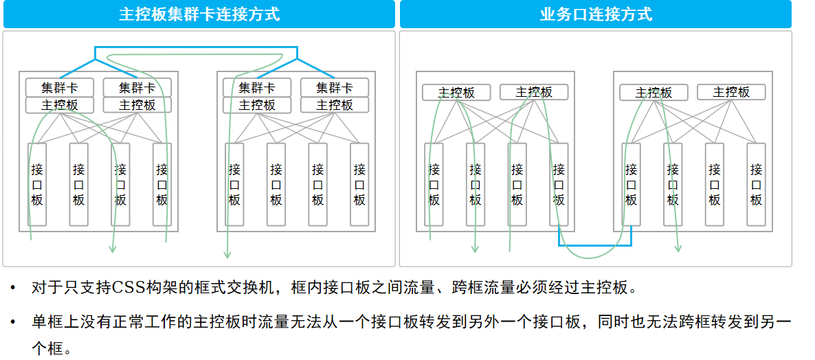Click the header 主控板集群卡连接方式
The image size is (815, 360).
199,14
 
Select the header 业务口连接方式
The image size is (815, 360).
596,14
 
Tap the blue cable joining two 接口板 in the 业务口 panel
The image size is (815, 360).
594,245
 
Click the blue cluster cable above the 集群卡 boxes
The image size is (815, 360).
196,47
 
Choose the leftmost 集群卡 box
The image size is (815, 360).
60,88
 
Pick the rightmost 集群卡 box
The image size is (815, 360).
335,88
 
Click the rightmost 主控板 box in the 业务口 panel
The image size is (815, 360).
731,92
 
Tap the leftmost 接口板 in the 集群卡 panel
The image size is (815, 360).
37,184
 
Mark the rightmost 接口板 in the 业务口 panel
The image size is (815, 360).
756,184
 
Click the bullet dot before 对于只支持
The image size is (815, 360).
12,287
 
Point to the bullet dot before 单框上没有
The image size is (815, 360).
12,322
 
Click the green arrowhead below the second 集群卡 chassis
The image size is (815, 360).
226,254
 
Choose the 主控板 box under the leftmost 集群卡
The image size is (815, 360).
60,105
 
